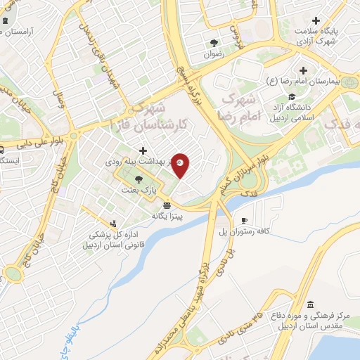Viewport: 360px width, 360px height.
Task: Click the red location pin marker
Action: tap(181, 166)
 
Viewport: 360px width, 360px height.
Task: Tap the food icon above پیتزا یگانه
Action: tap(167, 206)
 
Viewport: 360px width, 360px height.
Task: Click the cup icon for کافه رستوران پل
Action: tap(244, 220)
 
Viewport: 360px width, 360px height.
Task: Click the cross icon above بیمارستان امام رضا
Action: tap(303, 70)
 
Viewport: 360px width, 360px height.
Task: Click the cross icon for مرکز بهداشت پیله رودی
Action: tap(143, 150)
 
